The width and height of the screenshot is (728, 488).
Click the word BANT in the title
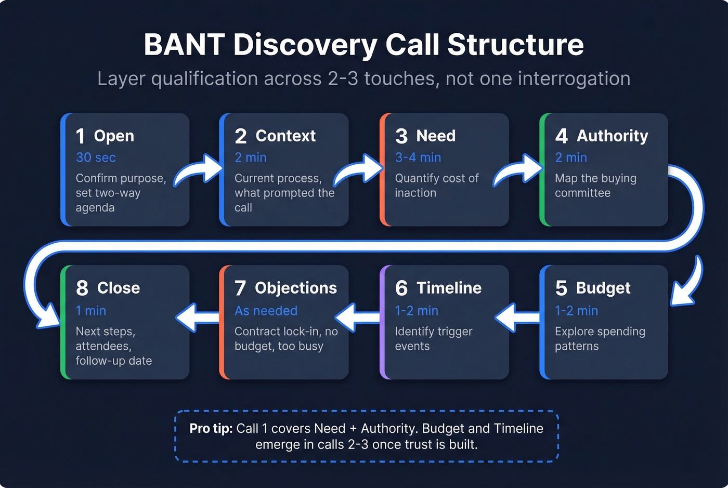[x=184, y=45]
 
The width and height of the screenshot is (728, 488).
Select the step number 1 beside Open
[x=81, y=136]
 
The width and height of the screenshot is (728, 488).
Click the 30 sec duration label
[x=96, y=157]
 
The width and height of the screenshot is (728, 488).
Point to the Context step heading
[x=285, y=136]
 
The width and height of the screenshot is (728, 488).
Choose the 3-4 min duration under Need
[x=418, y=157]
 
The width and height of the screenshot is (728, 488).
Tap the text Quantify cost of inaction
[x=436, y=186]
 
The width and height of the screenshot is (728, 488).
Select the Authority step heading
[x=612, y=136]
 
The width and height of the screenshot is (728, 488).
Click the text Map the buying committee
[x=595, y=186]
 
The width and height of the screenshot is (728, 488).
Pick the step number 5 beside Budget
[x=561, y=288]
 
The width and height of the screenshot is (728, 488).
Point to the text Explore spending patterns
[x=600, y=339]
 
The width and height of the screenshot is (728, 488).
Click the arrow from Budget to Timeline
[x=517, y=317]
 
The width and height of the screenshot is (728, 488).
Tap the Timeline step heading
[x=449, y=288]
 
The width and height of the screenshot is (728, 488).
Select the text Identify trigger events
[x=433, y=339]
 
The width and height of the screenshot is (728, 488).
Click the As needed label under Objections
[x=266, y=311]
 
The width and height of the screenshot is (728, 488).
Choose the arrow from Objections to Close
[x=197, y=317]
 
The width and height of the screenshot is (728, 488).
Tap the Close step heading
[x=119, y=288]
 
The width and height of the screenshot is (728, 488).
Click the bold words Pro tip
[x=211, y=429]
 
